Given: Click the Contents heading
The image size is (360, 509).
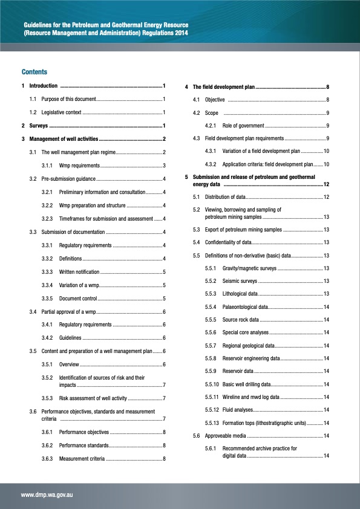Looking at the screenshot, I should point(34,71).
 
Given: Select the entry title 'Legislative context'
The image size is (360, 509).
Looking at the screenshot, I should point(61,112).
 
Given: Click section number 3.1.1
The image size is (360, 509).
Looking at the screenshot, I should point(49,166).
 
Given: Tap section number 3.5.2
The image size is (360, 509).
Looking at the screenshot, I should point(49,377).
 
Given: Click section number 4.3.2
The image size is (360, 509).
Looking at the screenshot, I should point(212,164).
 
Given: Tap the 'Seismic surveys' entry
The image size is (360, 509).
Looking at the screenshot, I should point(240,280).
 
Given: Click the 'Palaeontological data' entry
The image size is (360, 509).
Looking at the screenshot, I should point(247,306).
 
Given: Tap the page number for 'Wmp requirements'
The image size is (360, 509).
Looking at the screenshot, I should point(164,166).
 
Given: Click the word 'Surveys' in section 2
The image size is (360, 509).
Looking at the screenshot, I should point(39,126).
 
